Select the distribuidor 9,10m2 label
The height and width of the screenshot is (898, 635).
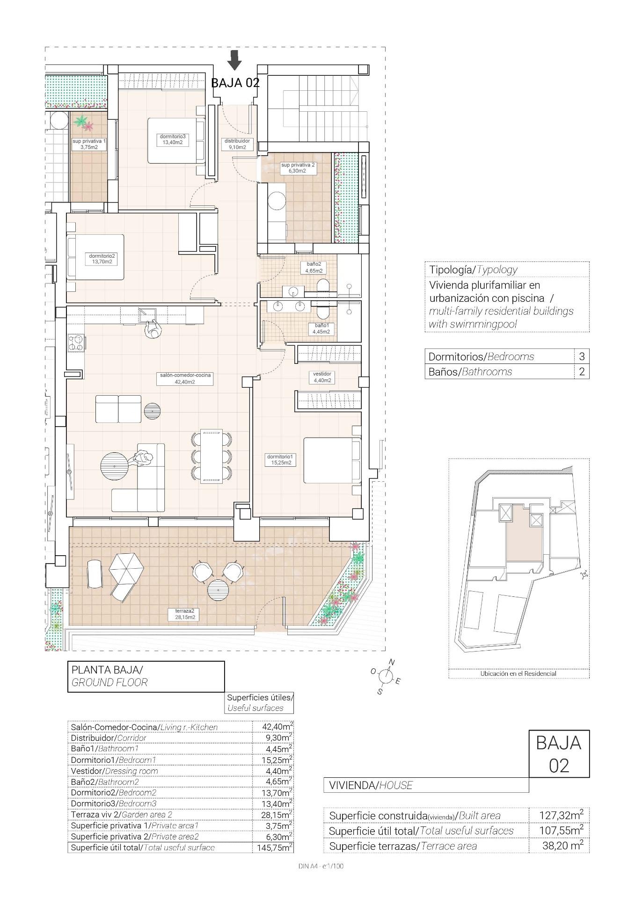pos(237,144)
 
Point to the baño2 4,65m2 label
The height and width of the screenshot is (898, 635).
pos(314,267)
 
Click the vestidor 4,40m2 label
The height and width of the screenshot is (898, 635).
pos(322,377)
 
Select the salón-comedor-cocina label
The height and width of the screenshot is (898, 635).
pos(185,378)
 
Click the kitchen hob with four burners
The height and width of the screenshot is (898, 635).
pos(76,343)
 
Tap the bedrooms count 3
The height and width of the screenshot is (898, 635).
pos(582,356)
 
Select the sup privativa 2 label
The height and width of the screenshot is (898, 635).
pos(298,167)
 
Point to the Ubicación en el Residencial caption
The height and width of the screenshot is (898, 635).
pos(518,673)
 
